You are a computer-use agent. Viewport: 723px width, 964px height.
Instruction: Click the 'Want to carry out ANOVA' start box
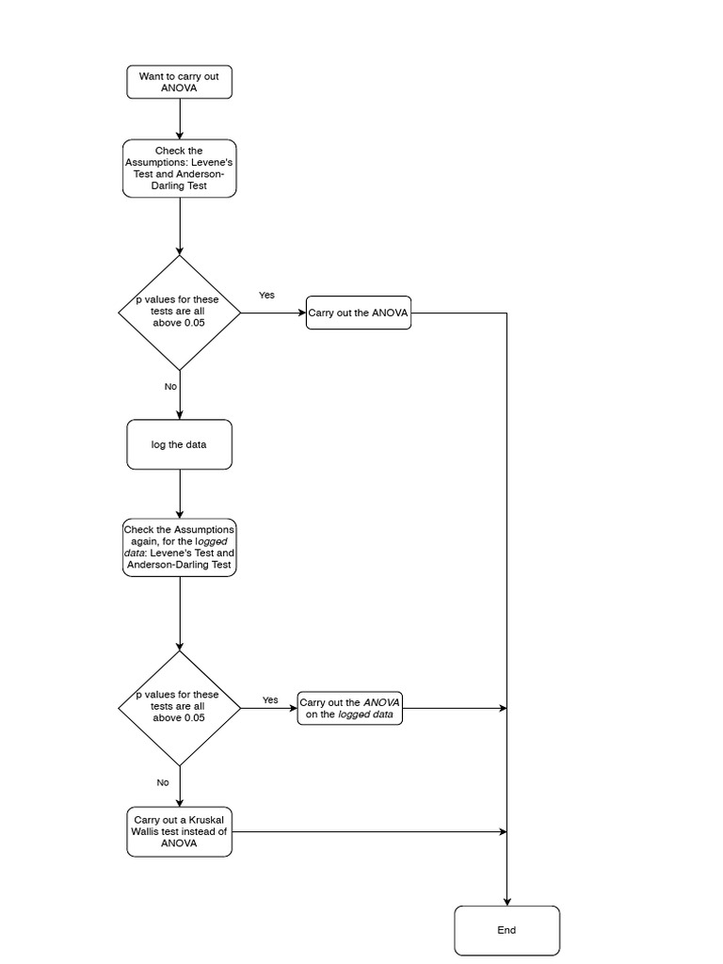pyautogui.click(x=179, y=82)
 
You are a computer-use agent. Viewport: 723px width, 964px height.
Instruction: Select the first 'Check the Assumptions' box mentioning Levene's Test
pyautogui.click(x=179, y=169)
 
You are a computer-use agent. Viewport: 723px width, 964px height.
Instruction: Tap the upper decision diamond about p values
pyautogui.click(x=179, y=312)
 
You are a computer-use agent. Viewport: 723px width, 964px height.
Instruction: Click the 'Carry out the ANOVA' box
pyautogui.click(x=359, y=313)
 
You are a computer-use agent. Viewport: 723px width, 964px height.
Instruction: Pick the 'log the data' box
pyautogui.click(x=179, y=444)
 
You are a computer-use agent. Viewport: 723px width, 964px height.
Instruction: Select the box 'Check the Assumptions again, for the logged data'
pyautogui.click(x=179, y=547)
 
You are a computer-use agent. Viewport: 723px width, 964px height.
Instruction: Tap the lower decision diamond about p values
pyautogui.click(x=179, y=707)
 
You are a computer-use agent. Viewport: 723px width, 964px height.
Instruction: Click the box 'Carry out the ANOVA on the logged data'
pyautogui.click(x=350, y=708)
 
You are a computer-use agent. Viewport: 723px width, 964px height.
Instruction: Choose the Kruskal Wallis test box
pyautogui.click(x=179, y=831)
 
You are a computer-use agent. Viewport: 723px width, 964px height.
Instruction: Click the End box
pyautogui.click(x=506, y=930)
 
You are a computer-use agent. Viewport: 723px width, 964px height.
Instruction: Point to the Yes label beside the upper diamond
pyautogui.click(x=267, y=295)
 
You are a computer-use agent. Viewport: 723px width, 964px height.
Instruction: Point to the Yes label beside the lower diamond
pyautogui.click(x=270, y=699)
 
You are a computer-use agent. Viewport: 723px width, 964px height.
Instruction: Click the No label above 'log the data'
pyautogui.click(x=170, y=386)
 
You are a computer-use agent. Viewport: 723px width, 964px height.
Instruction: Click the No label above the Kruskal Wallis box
pyautogui.click(x=163, y=782)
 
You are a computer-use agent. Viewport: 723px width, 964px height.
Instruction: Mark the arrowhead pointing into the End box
pyautogui.click(x=507, y=901)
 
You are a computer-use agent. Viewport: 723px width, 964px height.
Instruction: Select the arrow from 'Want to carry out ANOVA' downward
pyautogui.click(x=179, y=118)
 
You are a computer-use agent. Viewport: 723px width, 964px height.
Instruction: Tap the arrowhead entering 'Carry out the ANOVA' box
pyautogui.click(x=301, y=313)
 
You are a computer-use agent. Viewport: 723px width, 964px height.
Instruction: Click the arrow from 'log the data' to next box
pyautogui.click(x=179, y=493)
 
